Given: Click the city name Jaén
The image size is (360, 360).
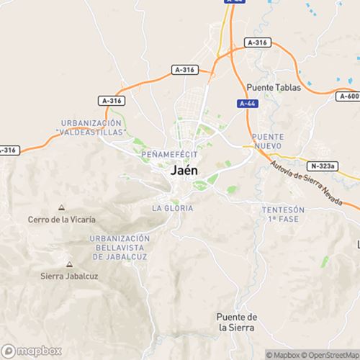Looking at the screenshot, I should point(186,173).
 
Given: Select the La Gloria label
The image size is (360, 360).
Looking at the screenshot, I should point(173,208).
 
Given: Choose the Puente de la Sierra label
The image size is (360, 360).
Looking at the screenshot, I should point(237,322).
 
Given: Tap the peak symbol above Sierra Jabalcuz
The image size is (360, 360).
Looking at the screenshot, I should point(69,264).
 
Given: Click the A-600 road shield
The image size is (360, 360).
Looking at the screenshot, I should point(349,95).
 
